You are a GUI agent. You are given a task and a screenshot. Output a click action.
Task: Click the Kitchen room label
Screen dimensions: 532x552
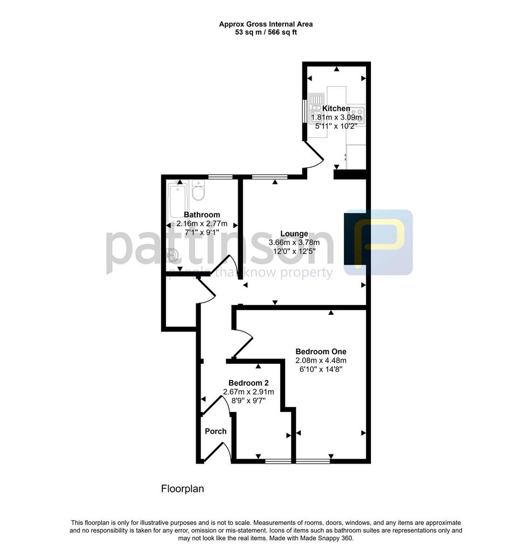[x=336, y=108]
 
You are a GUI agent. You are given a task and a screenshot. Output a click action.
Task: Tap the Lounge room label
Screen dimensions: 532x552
[x=294, y=234]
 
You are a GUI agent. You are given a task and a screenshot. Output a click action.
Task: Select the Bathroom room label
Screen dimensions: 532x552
[x=202, y=215]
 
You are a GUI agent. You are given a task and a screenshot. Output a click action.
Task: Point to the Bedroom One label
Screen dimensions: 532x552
[x=321, y=351]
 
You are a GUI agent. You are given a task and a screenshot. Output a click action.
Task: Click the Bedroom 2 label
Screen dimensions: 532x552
[x=248, y=383]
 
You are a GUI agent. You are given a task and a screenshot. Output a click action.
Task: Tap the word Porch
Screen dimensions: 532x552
[x=216, y=431]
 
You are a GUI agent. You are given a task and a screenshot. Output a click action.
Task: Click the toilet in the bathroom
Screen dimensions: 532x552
[x=198, y=190]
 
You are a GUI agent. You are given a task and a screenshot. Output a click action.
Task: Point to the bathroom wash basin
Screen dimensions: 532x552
[x=172, y=254]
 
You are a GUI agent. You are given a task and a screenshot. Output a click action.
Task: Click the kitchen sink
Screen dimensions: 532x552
[x=316, y=108]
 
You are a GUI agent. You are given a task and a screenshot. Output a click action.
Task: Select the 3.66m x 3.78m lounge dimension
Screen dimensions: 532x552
[x=294, y=243]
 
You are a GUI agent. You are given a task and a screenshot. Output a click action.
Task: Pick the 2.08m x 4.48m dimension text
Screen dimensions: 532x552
[x=321, y=361]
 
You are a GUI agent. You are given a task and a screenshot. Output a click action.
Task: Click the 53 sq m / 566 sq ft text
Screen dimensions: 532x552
[x=266, y=32]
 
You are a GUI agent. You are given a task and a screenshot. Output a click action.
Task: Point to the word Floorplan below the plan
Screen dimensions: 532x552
[x=182, y=488]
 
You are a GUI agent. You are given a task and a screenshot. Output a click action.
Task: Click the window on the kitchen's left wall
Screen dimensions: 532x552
[x=305, y=112]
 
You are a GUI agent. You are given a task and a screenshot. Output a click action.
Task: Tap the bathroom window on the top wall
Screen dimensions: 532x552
[x=220, y=177]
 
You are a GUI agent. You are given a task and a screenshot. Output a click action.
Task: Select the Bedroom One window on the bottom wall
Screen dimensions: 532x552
[x=313, y=461]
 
